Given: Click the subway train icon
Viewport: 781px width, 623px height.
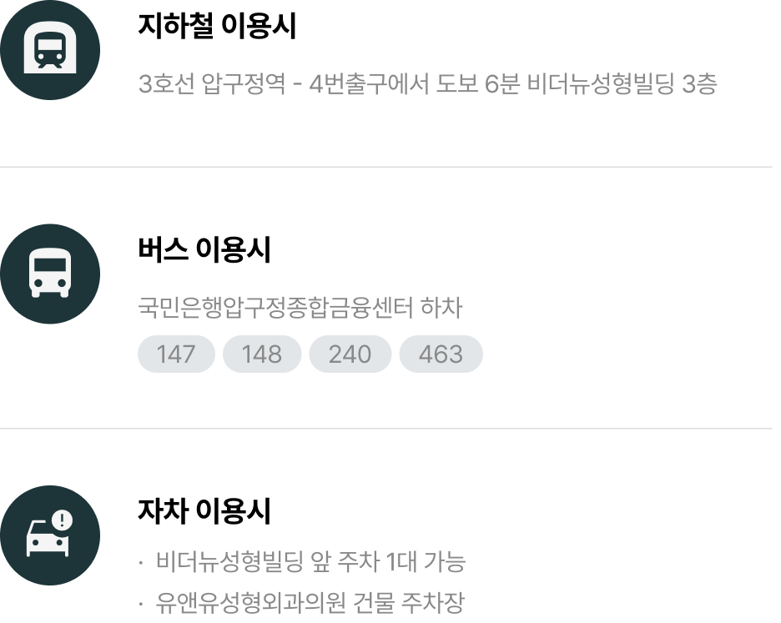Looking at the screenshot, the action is pyautogui.click(x=50, y=49).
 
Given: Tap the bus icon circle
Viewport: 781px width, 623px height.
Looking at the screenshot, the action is pyautogui.click(x=50, y=274).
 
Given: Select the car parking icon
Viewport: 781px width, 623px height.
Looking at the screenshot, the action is pyautogui.click(x=50, y=535).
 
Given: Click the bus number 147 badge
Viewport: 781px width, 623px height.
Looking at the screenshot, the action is pyautogui.click(x=176, y=354).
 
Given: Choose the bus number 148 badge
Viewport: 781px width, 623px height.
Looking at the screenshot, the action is pyautogui.click(x=262, y=354).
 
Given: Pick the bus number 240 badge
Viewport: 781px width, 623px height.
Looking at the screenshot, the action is pyautogui.click(x=350, y=354).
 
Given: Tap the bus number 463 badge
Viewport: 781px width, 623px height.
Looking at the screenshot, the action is pyautogui.click(x=441, y=354).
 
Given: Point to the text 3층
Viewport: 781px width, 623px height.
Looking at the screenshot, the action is pyautogui.click(x=699, y=85).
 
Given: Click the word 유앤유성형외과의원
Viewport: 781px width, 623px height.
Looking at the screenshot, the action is pyautogui.click(x=250, y=602).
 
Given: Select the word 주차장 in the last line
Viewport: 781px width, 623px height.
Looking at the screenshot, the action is pyautogui.click(x=437, y=602).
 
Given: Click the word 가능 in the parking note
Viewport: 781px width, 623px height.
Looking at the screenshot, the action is pyautogui.click(x=446, y=562).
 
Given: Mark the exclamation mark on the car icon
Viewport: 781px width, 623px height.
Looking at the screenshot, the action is pyautogui.click(x=63, y=520).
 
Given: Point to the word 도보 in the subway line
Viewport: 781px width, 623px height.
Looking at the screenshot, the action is pyautogui.click(x=454, y=85).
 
